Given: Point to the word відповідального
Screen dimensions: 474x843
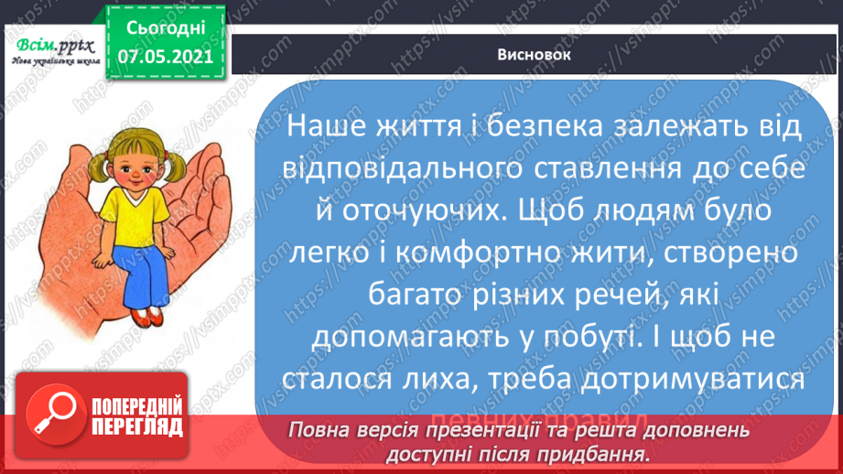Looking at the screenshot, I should [x=385, y=169].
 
